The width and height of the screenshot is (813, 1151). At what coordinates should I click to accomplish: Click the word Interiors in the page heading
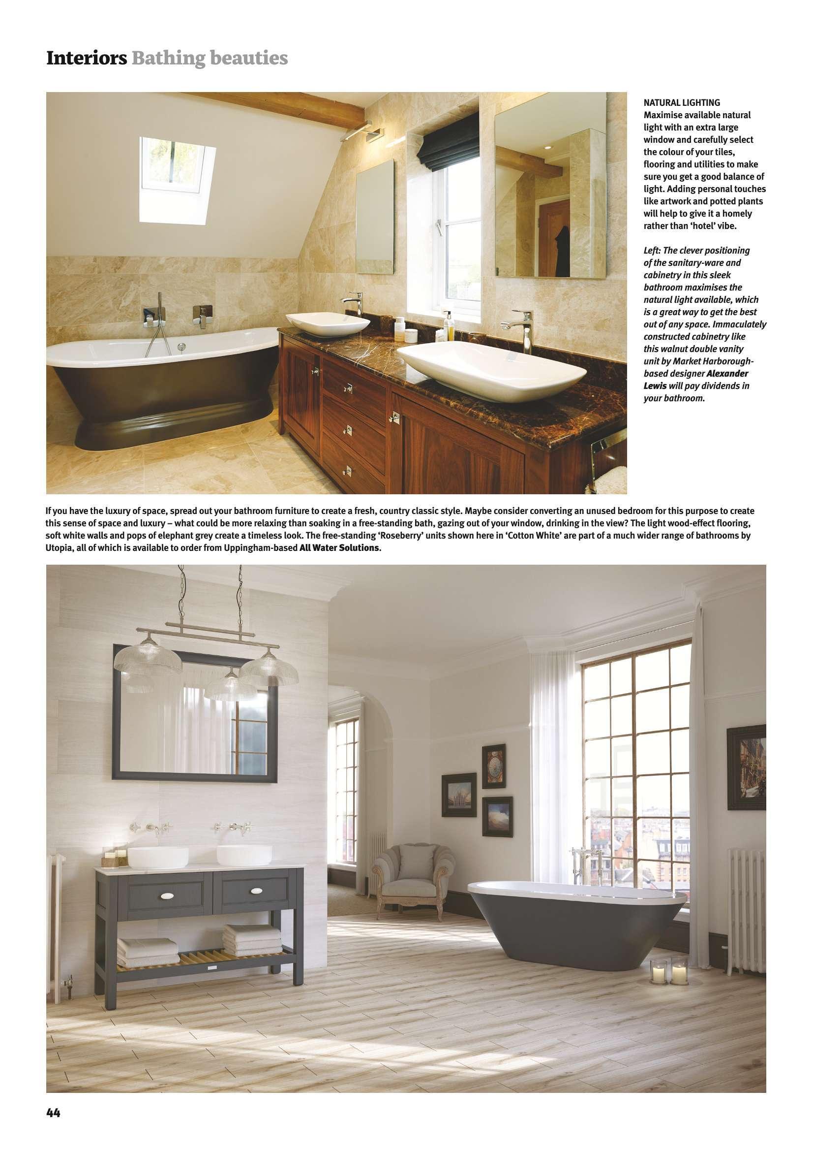coord(86,59)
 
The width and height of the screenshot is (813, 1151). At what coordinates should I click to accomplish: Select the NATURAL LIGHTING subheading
coord(682,103)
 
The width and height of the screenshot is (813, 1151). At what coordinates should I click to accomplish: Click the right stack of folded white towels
coord(251,938)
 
